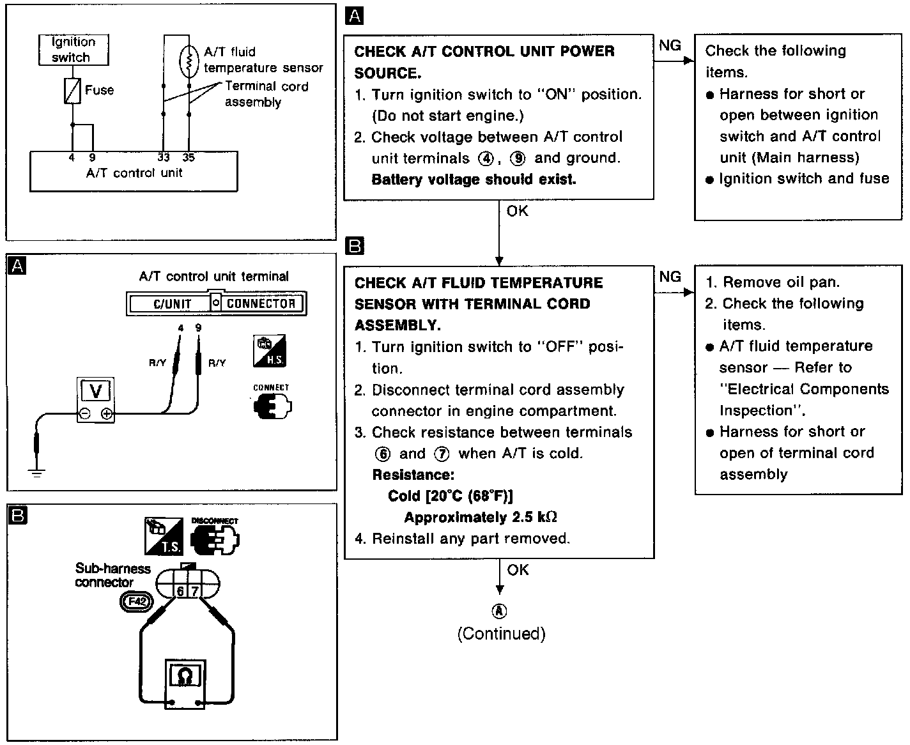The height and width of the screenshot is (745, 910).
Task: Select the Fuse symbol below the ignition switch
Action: (72, 91)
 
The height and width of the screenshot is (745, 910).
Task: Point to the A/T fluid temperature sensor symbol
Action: (189, 61)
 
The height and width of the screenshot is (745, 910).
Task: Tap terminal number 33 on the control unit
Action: (164, 157)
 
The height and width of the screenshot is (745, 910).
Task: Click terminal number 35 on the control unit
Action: (189, 157)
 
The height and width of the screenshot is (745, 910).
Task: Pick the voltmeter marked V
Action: (95, 390)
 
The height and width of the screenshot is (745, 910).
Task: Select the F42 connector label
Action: (137, 601)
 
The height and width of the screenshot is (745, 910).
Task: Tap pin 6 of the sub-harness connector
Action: (180, 591)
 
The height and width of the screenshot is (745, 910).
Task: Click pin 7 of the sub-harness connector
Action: (195, 591)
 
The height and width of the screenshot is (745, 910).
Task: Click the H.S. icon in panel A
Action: (269, 351)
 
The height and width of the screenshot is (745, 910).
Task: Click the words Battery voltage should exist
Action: (474, 180)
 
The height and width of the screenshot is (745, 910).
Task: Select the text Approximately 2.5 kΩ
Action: (481, 518)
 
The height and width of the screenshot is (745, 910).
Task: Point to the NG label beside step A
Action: (670, 45)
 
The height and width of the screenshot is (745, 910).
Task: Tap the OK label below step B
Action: (518, 569)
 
